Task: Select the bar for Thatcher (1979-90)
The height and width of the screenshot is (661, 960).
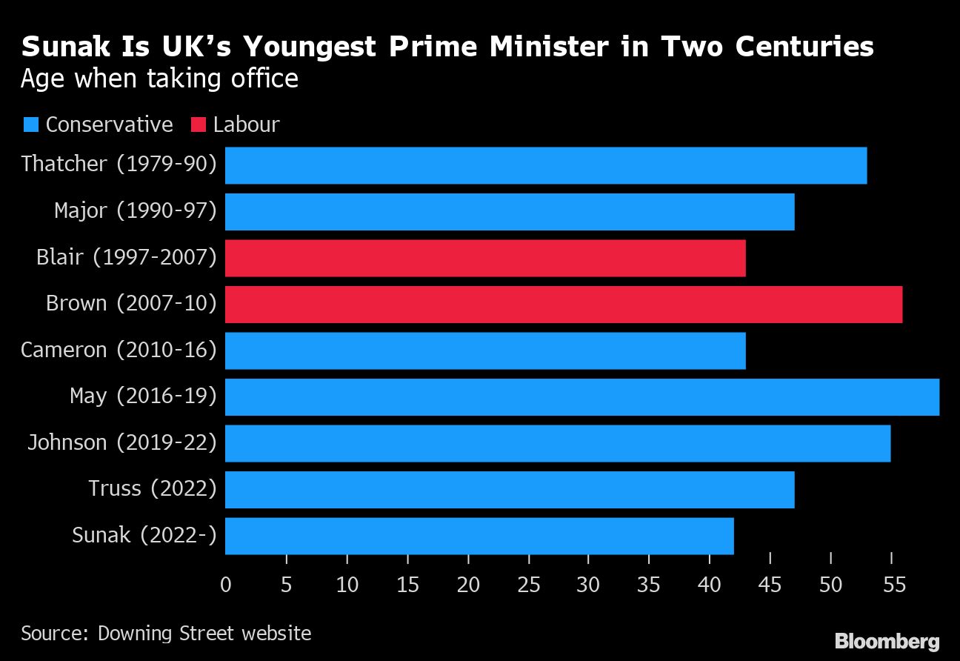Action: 545,165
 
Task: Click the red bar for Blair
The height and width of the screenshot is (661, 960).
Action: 485,258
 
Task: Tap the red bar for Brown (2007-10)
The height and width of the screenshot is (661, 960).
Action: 563,304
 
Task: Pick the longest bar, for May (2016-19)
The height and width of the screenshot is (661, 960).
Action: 581,396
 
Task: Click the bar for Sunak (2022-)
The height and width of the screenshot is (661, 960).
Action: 479,536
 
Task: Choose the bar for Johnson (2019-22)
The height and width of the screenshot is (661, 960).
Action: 557,443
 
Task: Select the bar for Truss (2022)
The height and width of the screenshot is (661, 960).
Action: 510,490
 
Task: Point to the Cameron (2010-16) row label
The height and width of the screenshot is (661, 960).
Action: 119,350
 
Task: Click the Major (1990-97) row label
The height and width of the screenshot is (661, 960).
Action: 135,211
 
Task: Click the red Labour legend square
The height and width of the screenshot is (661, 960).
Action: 198,124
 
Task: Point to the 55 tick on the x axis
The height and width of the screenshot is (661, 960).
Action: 891,585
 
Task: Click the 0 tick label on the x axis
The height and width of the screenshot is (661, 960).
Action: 226,585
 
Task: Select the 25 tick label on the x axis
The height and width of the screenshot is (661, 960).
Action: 528,585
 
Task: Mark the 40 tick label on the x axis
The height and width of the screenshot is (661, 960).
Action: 710,585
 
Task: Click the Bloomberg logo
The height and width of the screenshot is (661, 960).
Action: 887,640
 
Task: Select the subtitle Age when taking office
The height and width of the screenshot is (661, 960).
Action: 159,79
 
